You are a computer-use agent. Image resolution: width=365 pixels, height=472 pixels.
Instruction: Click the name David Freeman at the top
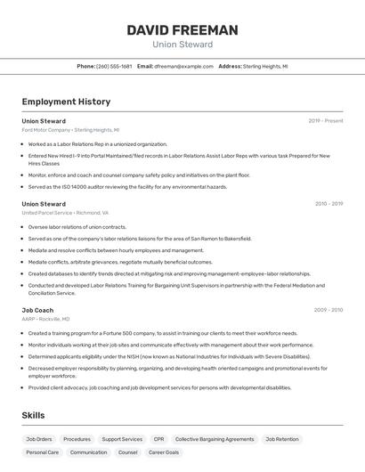click(182, 30)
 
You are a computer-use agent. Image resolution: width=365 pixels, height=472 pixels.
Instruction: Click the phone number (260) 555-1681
click(114, 66)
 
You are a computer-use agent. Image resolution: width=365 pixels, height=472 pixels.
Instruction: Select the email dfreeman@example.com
click(183, 66)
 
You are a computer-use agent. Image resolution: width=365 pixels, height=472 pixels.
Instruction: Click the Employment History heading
click(66, 102)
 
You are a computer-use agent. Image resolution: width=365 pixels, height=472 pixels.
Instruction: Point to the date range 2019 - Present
click(326, 120)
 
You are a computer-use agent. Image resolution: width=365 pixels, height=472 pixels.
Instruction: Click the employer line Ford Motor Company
click(70, 129)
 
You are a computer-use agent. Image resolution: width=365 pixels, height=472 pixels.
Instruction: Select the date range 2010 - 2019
click(328, 204)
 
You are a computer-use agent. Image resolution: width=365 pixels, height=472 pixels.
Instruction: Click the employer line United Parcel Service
click(65, 213)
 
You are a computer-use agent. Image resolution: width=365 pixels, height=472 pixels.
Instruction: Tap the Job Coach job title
click(37, 310)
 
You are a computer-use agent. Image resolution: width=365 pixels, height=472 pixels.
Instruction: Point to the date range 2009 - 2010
click(328, 310)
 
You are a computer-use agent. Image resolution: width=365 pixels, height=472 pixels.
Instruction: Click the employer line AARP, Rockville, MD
click(45, 319)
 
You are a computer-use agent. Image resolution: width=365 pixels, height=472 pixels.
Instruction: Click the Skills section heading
click(34, 415)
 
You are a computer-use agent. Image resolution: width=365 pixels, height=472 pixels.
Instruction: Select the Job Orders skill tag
click(39, 439)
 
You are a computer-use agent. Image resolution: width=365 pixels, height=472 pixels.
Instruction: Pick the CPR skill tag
click(158, 439)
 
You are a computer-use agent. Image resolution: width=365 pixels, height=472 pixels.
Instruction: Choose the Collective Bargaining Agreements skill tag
click(215, 439)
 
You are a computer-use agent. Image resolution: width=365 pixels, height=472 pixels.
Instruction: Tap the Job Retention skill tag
click(282, 439)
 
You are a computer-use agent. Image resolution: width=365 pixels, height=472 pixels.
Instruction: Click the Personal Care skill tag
click(42, 452)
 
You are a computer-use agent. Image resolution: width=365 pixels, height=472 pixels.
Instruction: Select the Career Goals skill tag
click(164, 452)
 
